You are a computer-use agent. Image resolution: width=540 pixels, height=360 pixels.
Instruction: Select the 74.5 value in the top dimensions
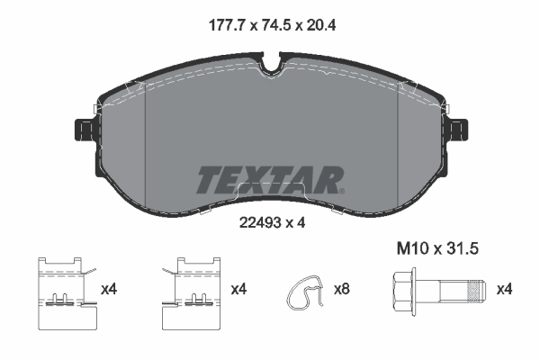point(269,26)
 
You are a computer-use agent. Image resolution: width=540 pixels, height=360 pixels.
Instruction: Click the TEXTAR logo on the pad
point(269,179)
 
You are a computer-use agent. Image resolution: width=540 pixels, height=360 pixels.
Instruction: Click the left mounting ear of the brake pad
point(82,132)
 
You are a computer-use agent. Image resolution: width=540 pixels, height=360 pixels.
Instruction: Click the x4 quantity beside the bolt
point(506,289)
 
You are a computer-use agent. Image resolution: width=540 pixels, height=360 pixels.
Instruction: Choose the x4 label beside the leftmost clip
point(110,289)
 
